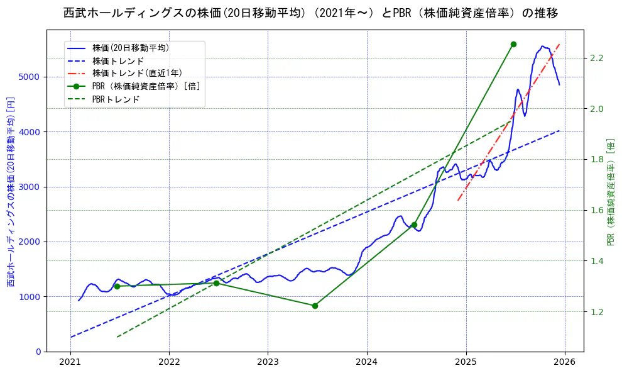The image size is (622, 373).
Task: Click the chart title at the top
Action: point(310,13)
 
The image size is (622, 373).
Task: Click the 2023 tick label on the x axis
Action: point(268,363)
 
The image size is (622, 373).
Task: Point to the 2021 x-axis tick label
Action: point(70,363)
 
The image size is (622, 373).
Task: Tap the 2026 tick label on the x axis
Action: point(564,363)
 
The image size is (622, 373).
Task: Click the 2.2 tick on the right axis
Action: point(596,58)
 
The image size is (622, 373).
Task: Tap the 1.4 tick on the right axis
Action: point(596,261)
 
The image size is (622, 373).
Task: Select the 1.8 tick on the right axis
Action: point(596,160)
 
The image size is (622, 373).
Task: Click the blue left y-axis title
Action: point(11,192)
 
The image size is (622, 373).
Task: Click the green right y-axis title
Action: point(611,192)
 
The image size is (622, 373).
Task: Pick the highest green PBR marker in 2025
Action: point(513,44)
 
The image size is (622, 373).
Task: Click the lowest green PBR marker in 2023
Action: point(315,306)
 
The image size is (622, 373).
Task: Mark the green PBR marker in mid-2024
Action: point(414,225)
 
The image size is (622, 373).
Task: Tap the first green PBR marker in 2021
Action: point(117,286)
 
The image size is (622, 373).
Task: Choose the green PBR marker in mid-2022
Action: point(216,283)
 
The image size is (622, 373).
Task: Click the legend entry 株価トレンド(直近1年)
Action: point(137,73)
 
